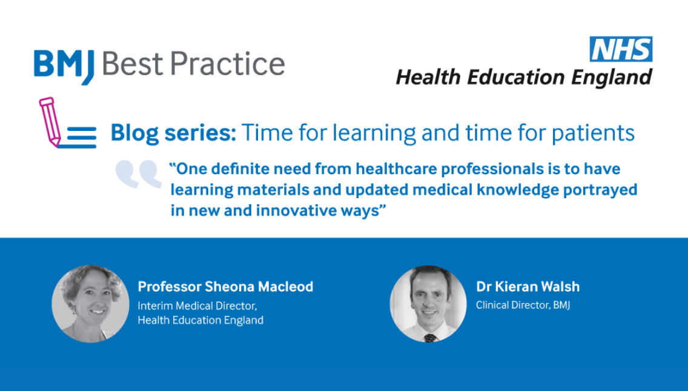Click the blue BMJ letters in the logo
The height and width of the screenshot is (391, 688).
point(64,66)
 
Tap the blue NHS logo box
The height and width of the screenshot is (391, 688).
point(621,48)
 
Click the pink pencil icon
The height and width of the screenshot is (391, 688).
point(50,122)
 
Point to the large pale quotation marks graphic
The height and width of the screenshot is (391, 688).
point(139,174)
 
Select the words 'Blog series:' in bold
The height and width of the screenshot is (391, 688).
point(173,133)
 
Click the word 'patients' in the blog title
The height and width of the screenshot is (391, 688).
point(593,133)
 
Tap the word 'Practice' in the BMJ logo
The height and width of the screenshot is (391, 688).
point(228,64)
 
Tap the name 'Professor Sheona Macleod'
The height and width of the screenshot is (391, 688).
point(225,287)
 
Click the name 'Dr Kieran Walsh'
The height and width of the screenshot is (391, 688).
point(528,287)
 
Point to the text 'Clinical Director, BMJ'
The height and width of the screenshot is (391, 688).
point(523,305)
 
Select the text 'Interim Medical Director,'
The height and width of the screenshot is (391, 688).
point(197,306)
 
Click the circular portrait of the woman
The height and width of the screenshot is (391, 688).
point(90,304)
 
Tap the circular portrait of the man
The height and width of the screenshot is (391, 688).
point(428,304)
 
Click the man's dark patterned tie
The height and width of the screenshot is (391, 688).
point(431,338)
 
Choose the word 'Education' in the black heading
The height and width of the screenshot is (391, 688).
point(515,78)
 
